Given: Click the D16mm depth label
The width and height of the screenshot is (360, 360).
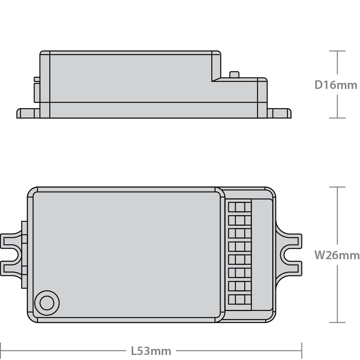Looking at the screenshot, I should coord(336,85).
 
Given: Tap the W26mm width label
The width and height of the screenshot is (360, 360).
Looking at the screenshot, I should coord(337,255).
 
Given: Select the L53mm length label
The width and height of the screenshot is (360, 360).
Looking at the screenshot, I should coord(151,350).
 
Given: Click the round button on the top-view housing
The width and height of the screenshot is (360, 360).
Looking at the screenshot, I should coord(46,303).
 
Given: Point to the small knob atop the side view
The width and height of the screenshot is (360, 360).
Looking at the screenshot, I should coord(234,75).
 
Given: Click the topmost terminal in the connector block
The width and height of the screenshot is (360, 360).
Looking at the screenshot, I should coord(240,207).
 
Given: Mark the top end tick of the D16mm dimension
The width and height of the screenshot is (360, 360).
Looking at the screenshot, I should coord(337,51).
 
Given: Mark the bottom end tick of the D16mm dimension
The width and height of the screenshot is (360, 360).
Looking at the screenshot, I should coord(337,118).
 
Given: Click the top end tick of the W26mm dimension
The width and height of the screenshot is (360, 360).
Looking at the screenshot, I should coord(337,187).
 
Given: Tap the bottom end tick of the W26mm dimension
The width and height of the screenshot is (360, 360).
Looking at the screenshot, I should coord(337,322).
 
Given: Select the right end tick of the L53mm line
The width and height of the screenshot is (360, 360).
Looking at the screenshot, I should coord(301,350).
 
